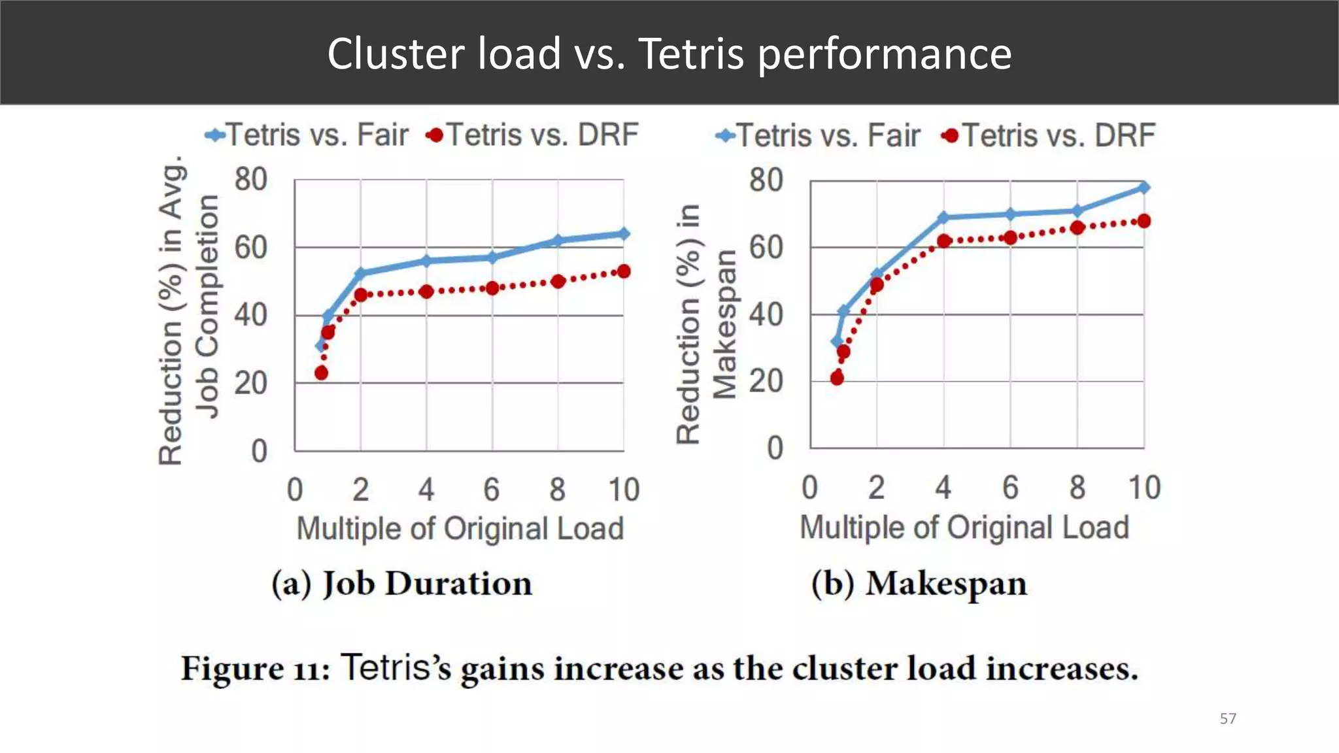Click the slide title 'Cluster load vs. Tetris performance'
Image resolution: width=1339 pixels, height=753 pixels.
pyautogui.click(x=669, y=53)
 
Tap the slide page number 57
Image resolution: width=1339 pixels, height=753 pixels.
pyautogui.click(x=1228, y=719)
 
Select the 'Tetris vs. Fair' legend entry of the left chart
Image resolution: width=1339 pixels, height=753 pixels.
pyautogui.click(x=307, y=135)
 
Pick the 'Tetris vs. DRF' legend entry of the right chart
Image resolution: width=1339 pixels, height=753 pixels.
pyautogui.click(x=1049, y=135)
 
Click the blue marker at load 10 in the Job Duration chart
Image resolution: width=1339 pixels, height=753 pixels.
pyautogui.click(x=624, y=233)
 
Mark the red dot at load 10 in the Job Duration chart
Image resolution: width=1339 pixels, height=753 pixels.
pyautogui.click(x=624, y=271)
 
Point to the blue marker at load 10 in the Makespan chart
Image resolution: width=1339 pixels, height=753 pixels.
pyautogui.click(x=1144, y=187)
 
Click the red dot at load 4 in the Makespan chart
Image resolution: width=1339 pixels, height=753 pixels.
pyautogui.click(x=943, y=241)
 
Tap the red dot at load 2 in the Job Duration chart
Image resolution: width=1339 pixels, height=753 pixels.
pyautogui.click(x=361, y=295)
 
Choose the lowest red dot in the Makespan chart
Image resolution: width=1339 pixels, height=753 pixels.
pyautogui.click(x=837, y=378)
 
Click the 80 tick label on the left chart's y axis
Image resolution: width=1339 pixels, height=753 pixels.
pyautogui.click(x=251, y=180)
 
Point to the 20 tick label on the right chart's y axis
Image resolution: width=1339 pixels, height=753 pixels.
pyautogui.click(x=766, y=381)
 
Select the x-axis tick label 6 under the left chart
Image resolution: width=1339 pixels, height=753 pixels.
pyautogui.click(x=492, y=490)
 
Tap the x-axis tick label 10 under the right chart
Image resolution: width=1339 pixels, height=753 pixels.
pyautogui.click(x=1144, y=488)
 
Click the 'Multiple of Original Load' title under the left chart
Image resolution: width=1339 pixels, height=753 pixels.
pyautogui.click(x=460, y=529)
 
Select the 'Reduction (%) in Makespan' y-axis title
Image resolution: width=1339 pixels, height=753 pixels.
pyautogui.click(x=706, y=324)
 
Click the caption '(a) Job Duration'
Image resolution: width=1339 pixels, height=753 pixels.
pyautogui.click(x=401, y=584)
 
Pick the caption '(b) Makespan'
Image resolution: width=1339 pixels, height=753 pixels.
pyautogui.click(x=919, y=584)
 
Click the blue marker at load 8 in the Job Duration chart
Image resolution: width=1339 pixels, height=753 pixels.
pyautogui.click(x=558, y=241)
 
